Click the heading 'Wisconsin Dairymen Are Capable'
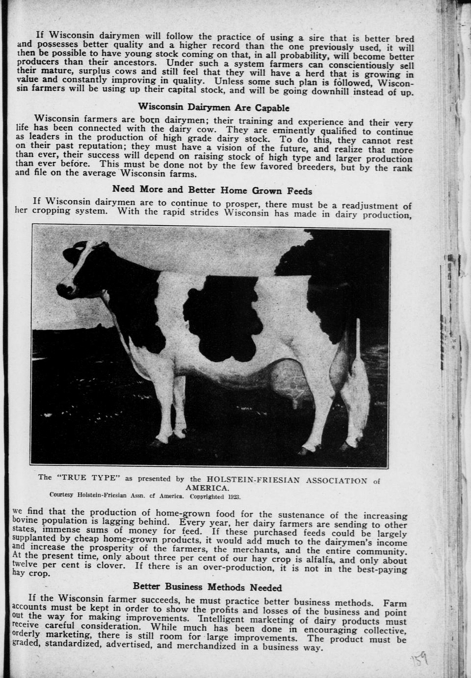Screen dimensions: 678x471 click(x=213, y=108)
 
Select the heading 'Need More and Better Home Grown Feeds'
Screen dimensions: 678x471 click(x=212, y=190)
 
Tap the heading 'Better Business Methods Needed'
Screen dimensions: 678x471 click(x=207, y=587)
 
